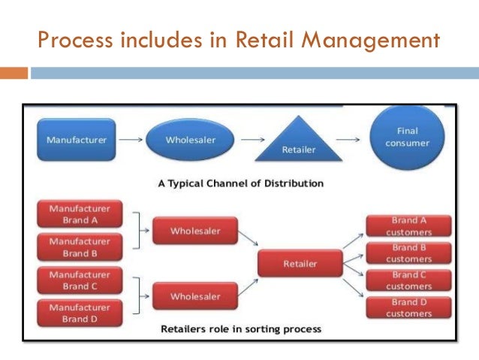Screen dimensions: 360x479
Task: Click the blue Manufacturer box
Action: [x=76, y=140]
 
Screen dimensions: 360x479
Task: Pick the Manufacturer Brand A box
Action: [x=80, y=214]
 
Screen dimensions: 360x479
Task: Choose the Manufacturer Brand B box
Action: [x=80, y=247]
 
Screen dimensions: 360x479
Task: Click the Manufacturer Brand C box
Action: [x=80, y=280]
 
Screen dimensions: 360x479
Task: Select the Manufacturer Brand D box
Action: [x=80, y=313]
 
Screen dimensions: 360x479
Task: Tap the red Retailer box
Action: [x=300, y=264]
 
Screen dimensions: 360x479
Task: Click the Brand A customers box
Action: [x=409, y=226]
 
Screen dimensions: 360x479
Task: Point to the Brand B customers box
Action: [x=409, y=253]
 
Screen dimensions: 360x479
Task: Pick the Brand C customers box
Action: [x=409, y=280]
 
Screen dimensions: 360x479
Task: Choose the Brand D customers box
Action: [x=409, y=307]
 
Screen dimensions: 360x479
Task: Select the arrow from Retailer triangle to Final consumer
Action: [x=347, y=140]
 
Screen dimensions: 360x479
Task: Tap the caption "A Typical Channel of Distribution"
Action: [x=240, y=183]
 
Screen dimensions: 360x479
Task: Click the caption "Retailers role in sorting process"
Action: [x=240, y=328]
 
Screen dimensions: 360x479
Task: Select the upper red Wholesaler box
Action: [x=195, y=231]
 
